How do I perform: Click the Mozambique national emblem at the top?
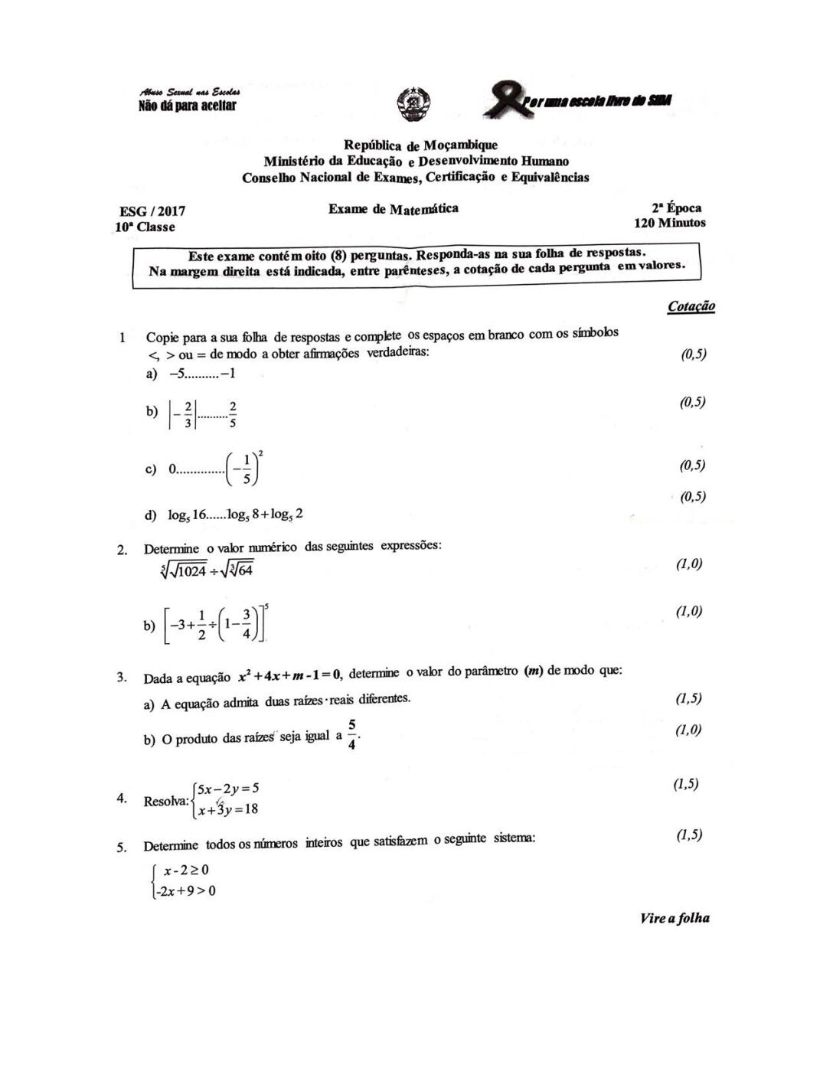[x=414, y=104]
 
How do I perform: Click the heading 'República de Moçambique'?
[x=420, y=145]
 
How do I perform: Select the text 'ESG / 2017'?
[x=152, y=211]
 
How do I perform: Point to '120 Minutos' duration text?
[x=669, y=223]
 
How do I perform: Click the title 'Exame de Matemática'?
[x=394, y=209]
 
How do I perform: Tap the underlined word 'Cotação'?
[x=691, y=306]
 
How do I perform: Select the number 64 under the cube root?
[x=243, y=570]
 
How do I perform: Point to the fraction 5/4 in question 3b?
[x=351, y=734]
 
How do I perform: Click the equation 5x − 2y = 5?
[x=228, y=788]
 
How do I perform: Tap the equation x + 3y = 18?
[x=227, y=808]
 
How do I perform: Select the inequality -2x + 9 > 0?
[x=185, y=890]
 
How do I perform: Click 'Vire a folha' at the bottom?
[x=675, y=918]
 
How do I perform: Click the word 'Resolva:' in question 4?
[x=165, y=802]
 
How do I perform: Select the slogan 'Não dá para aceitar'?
[x=187, y=106]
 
